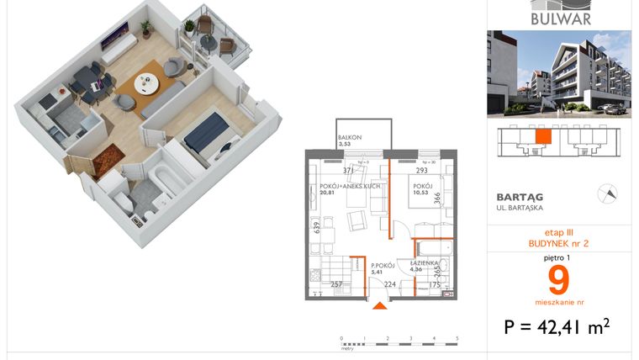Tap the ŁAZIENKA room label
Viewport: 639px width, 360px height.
pos(422,262)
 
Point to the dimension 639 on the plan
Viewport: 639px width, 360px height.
pos(316,226)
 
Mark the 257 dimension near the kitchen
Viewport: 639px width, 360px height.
pos(336,285)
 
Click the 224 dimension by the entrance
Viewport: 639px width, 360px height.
pos(389,285)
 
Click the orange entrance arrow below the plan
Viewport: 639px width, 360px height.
pos(380,306)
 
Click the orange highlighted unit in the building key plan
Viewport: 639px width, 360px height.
pos(543,136)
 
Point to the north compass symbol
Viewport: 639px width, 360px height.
pos(603,193)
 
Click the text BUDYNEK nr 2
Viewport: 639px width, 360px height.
pos(558,243)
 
